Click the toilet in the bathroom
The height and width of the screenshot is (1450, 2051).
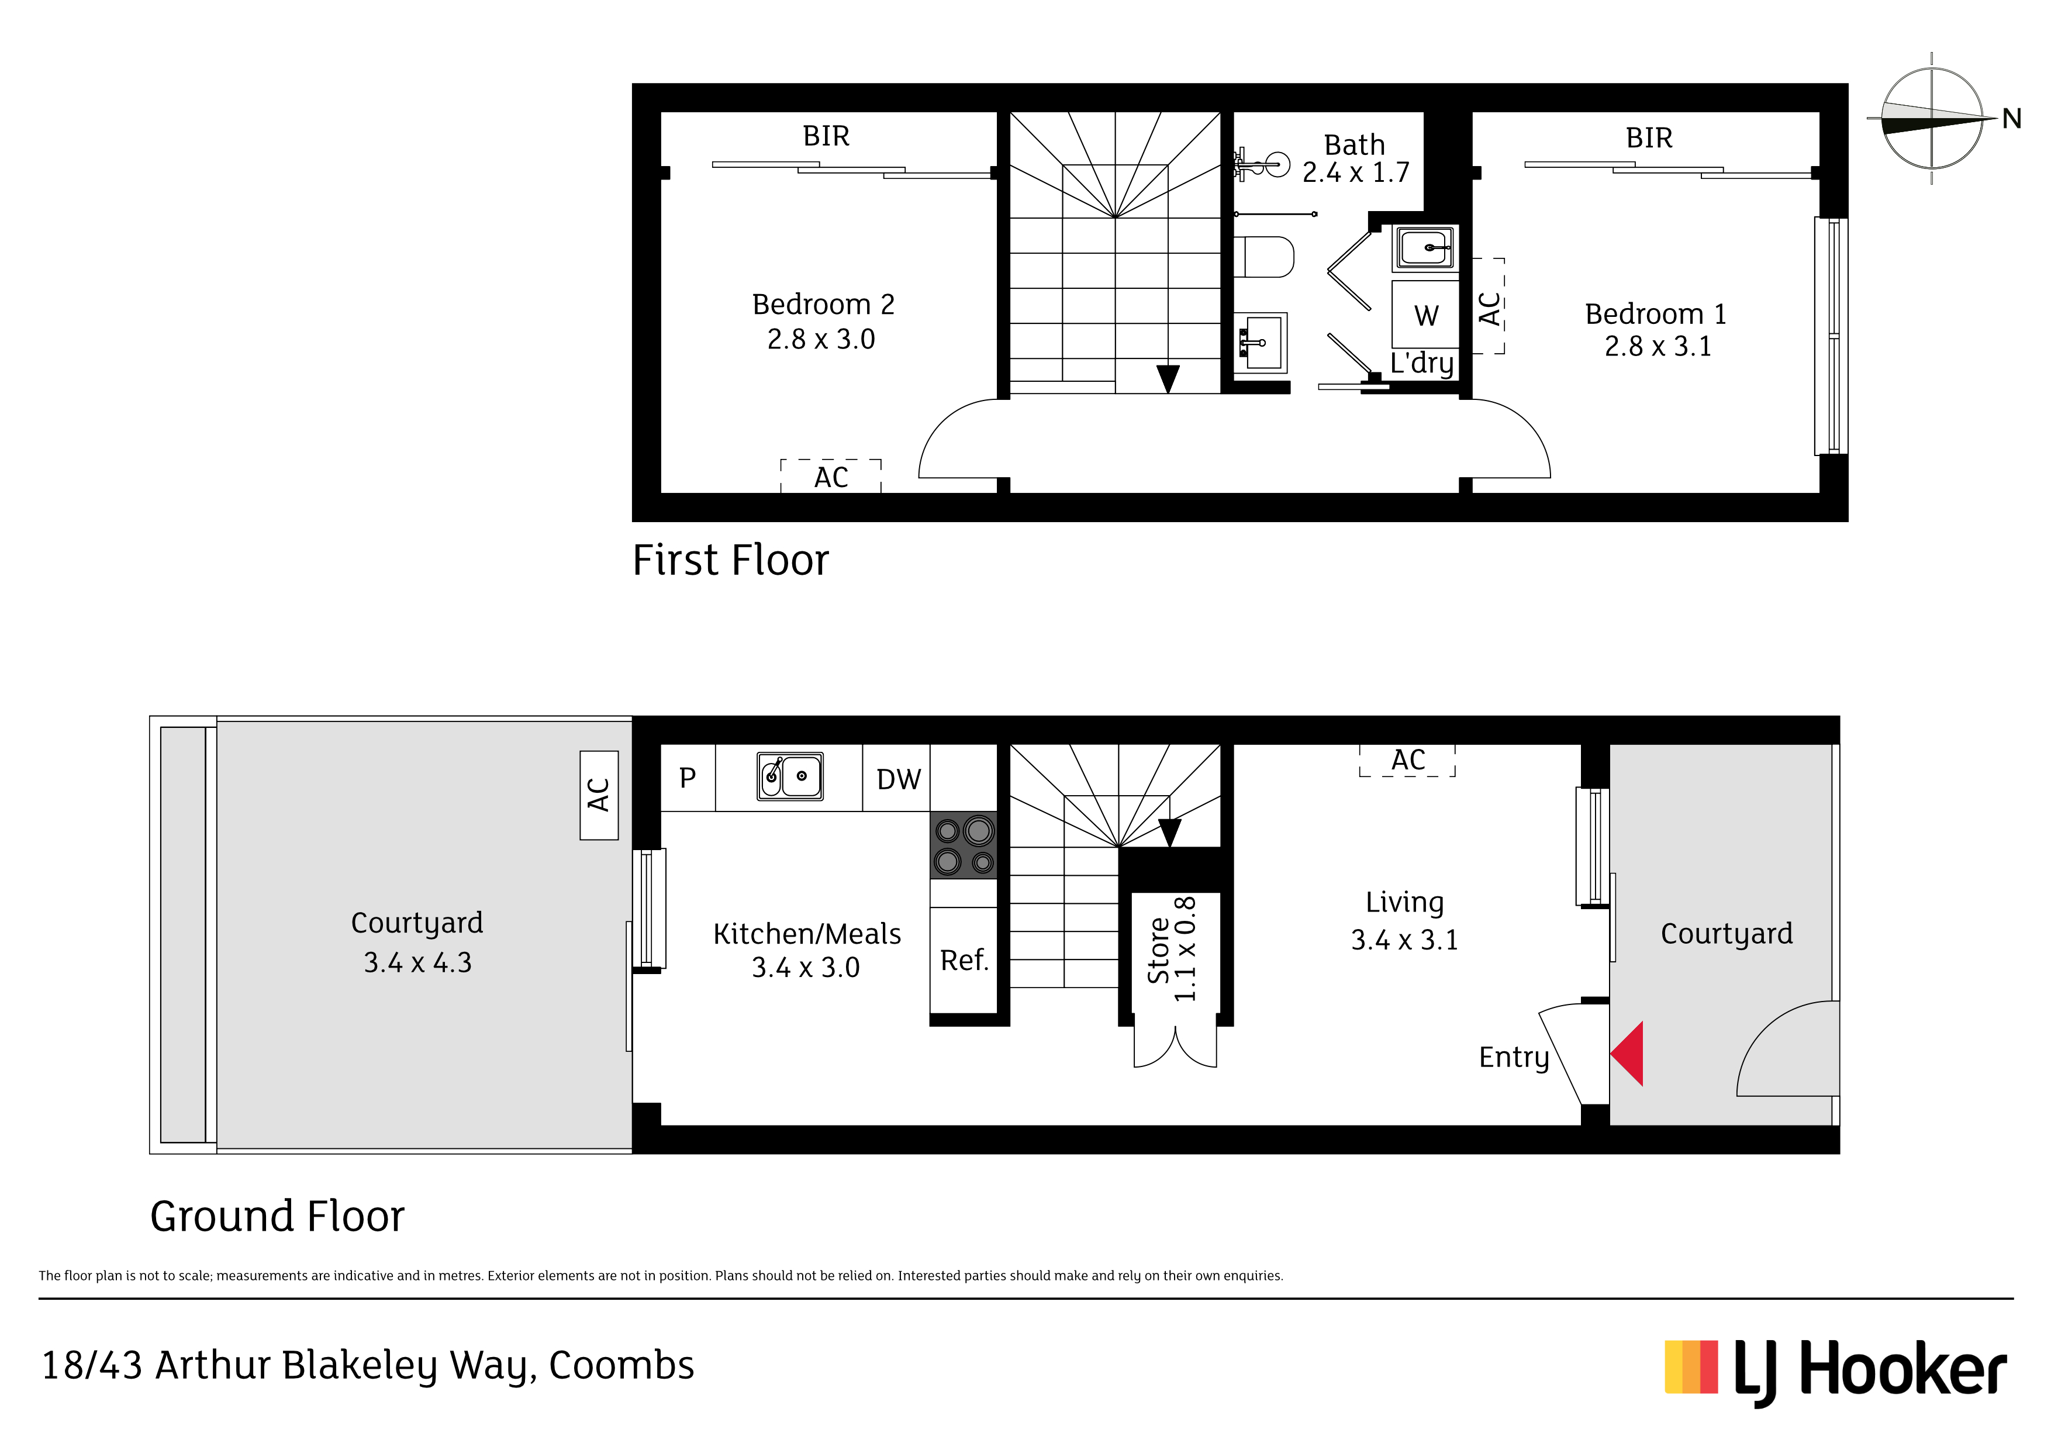(x=1264, y=257)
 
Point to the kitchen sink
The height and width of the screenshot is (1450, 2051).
(x=790, y=775)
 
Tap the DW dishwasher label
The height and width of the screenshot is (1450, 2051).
(x=898, y=779)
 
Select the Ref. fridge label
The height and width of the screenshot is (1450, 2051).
(x=964, y=961)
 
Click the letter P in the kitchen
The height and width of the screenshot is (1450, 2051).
(x=687, y=778)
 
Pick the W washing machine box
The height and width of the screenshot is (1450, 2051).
(x=1425, y=315)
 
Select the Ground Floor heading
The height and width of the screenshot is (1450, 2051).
(x=277, y=1216)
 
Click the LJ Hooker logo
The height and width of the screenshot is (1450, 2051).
(x=1836, y=1372)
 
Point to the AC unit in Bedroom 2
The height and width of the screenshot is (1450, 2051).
(x=831, y=476)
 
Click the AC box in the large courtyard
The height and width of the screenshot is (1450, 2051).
(x=599, y=795)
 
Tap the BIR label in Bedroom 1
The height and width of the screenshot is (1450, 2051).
(x=1649, y=137)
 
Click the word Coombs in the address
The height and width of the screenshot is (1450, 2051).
(x=621, y=1365)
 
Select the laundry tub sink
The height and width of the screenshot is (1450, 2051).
(x=1425, y=247)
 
